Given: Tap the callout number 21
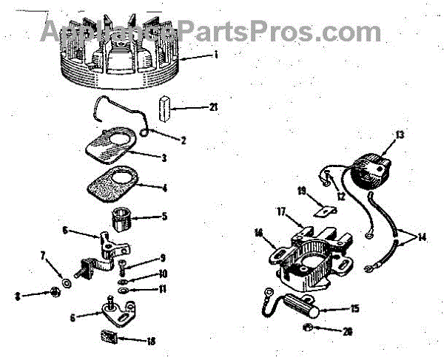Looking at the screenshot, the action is click(x=215, y=108).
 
